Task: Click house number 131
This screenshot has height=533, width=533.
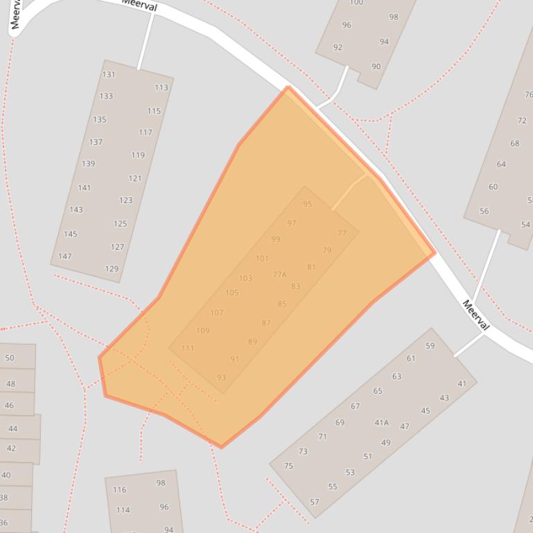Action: tap(109, 75)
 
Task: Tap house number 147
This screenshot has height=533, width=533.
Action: tap(64, 256)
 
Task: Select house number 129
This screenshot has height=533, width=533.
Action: tap(112, 269)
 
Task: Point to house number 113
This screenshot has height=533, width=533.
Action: tap(161, 88)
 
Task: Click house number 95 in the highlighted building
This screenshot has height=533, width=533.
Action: tap(308, 204)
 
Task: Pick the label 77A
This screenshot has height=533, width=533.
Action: tap(279, 275)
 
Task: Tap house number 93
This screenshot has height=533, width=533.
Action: tap(221, 378)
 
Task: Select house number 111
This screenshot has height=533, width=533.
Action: tap(188, 348)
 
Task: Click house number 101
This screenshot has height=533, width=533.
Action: tap(262, 259)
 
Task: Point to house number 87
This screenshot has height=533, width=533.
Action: tap(266, 323)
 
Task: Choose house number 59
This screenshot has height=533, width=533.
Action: tap(430, 346)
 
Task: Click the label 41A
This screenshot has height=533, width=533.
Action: tap(382, 422)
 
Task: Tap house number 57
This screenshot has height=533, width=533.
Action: tap(315, 502)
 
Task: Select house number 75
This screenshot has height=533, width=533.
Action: tap(288, 466)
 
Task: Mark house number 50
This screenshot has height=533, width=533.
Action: tap(10, 358)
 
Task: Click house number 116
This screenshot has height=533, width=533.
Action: tap(120, 489)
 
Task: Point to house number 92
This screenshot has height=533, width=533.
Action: tap(338, 48)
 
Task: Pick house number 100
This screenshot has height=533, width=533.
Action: tap(356, 3)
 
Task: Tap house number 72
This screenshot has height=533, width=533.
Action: tap(522, 120)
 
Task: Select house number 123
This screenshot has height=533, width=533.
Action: tap(125, 201)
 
